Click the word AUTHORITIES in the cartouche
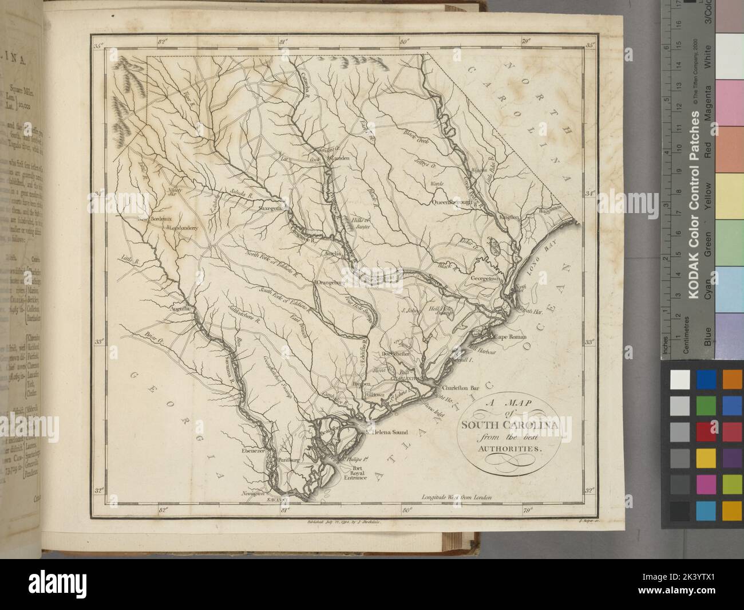[507, 448]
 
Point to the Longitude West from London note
[456, 498]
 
